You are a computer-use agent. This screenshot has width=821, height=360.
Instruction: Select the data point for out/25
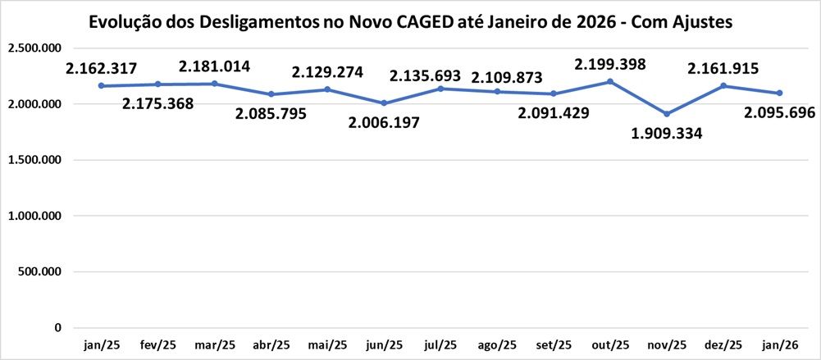coord(610,81)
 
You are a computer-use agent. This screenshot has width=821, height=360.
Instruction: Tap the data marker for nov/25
coord(667,114)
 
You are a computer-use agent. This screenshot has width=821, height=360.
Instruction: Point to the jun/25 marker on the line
coord(384,103)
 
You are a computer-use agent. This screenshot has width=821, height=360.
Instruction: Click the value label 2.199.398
coord(610,64)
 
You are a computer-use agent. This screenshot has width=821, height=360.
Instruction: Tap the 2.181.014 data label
coord(215,66)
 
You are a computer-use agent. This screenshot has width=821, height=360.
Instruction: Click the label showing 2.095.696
coord(779,112)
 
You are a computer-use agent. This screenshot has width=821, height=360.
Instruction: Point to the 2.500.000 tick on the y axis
coord(34,48)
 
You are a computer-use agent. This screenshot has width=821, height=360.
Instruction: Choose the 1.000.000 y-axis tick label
coord(34,216)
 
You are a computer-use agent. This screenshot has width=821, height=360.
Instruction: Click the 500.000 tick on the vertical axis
coord(39,271)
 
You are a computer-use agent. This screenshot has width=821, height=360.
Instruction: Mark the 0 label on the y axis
coord(57,327)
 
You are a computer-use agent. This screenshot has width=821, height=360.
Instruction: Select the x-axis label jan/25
coord(102,344)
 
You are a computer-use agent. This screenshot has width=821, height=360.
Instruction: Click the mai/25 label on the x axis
coord(327,344)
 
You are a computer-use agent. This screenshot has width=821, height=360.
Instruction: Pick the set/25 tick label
coord(554,344)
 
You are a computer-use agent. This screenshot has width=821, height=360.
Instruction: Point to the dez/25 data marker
coord(723,85)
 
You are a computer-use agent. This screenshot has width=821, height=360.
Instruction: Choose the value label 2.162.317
coord(102,68)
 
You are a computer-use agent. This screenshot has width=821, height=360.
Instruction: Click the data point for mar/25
coord(215,84)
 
